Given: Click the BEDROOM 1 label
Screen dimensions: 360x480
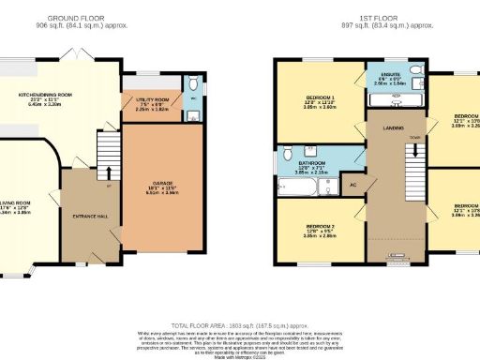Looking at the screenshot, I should (322, 97).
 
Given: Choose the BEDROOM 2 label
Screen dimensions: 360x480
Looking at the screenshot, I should (322, 227).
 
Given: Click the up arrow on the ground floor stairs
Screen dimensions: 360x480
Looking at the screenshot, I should (108, 172).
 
